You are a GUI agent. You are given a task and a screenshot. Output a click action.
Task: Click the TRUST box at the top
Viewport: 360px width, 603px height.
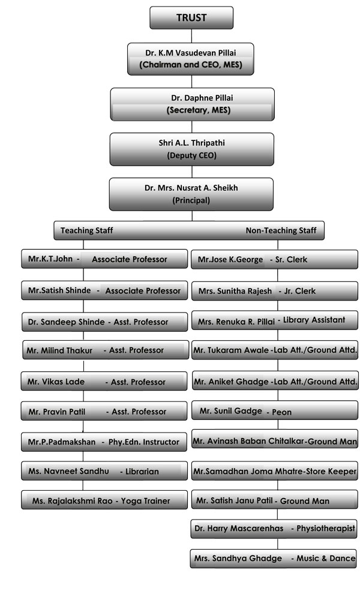191,17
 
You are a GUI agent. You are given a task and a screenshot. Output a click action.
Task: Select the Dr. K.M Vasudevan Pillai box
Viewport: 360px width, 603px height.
190,59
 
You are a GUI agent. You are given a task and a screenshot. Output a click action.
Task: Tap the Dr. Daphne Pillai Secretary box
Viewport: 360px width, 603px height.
193,104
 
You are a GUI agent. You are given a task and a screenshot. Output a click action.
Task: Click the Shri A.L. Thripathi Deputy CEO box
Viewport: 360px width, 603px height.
192,149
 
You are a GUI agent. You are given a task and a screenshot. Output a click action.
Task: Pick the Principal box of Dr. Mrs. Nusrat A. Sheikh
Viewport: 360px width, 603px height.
191,194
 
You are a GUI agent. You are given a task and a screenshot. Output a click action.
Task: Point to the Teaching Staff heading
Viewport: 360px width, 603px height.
86,230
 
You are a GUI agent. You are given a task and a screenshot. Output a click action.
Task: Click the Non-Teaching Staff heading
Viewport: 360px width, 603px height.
281,230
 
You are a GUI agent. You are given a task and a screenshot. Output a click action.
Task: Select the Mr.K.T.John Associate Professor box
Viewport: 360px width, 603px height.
104,259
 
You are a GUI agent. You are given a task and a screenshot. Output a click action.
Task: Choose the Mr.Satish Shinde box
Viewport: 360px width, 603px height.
104,290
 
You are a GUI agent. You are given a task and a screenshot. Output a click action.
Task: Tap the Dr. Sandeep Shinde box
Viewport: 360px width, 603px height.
104,322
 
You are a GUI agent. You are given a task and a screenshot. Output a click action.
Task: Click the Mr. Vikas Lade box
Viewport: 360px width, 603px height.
104,382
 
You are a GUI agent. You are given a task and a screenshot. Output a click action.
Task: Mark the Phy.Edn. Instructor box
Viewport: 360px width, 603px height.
104,442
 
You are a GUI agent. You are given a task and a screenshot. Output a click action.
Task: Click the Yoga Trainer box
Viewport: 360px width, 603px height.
104,500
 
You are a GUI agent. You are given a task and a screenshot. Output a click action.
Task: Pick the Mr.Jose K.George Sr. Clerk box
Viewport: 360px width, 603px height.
274,259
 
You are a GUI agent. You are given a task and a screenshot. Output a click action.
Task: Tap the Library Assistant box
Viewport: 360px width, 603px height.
275,320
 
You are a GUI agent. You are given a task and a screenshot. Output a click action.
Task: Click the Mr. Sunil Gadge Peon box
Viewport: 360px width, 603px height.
275,411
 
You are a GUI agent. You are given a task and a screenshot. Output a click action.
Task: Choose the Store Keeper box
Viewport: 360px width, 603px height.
275,471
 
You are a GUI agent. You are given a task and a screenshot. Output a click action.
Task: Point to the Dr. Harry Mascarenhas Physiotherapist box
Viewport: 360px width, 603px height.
274,529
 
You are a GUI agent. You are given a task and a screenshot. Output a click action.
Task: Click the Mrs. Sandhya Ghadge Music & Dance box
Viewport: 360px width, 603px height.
274,559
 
